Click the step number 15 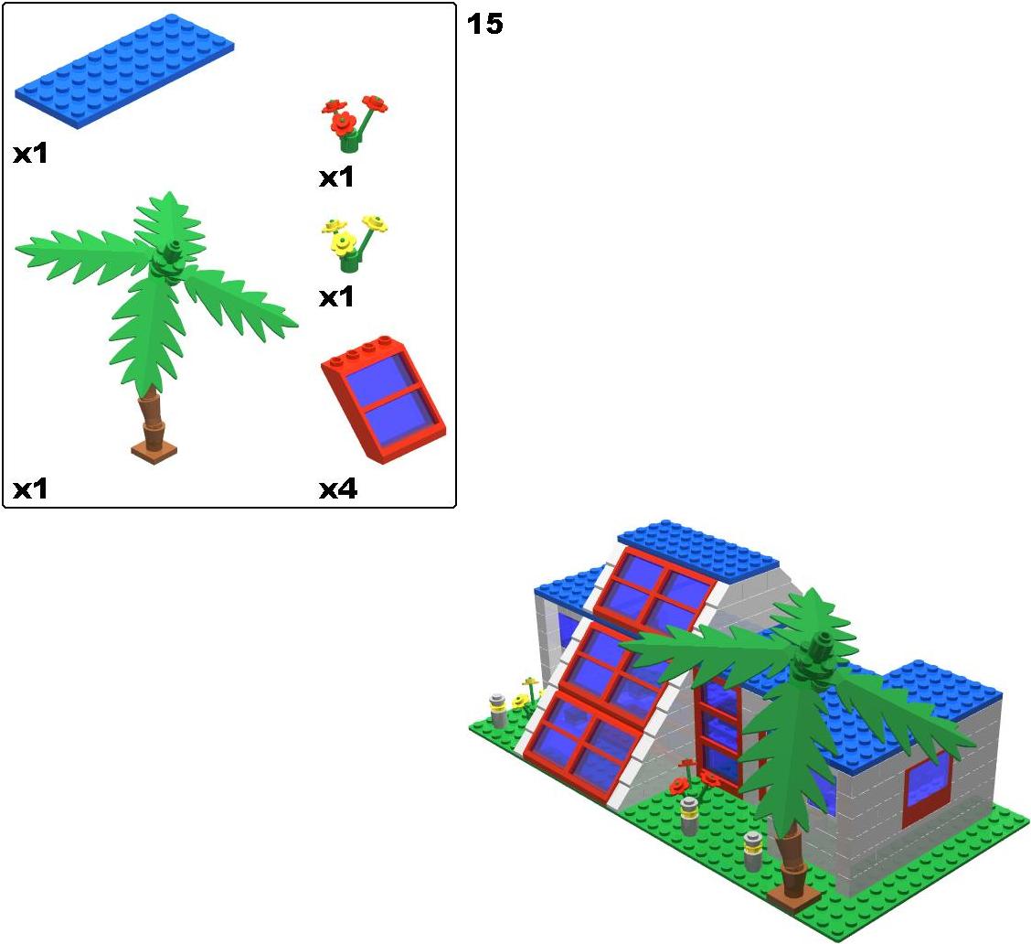click(484, 25)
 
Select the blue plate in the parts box click(125, 71)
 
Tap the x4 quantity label click(338, 489)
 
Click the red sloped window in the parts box click(383, 401)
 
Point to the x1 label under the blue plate click(30, 154)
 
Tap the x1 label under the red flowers click(336, 177)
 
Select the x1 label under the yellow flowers click(336, 297)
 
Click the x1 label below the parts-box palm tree click(30, 489)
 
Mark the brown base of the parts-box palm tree click(154, 450)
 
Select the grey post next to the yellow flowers click(498, 710)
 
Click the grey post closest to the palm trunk click(753, 852)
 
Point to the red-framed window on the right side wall click(928, 788)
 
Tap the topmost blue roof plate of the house click(697, 551)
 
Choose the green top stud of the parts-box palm click(174, 249)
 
